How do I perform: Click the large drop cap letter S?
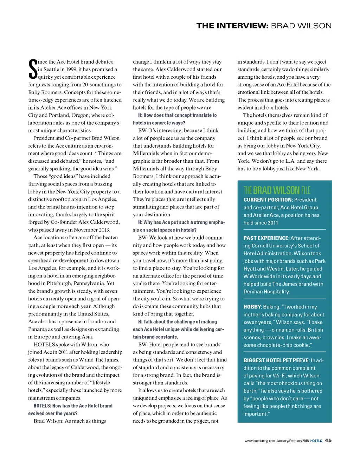coord(32,69)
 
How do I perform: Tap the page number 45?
coord(328,440)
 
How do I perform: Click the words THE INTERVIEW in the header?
coord(232,26)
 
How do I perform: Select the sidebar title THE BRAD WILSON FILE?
coord(277,190)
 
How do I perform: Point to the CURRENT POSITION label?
coord(268,200)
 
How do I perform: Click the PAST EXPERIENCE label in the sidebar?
coord(266,238)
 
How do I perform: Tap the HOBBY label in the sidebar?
coord(252,307)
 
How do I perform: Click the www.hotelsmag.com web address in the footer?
coord(259,441)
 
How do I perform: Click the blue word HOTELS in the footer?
coord(316,441)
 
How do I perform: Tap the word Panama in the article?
coord(38,329)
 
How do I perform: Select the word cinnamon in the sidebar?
coord(284,330)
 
